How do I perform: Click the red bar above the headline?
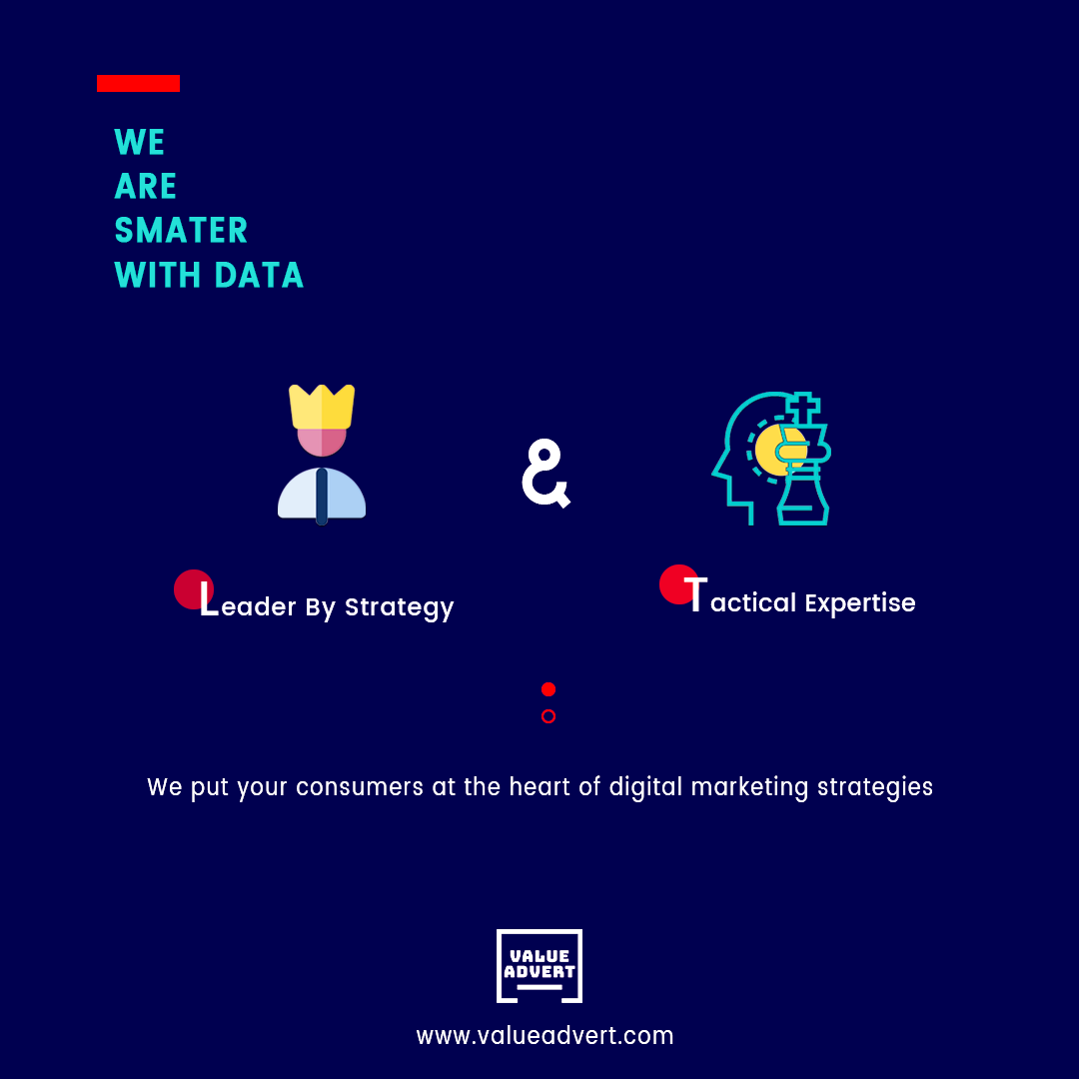[x=138, y=83]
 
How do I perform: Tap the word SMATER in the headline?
[x=181, y=231]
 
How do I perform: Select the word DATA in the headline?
[x=260, y=276]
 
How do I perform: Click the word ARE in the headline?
[x=146, y=187]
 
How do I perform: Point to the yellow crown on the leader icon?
[x=322, y=407]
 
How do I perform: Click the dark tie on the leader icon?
[x=322, y=497]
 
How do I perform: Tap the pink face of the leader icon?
[x=322, y=442]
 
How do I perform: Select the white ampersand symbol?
[x=545, y=474]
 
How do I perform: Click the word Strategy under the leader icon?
[x=399, y=608]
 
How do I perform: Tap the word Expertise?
[x=860, y=603]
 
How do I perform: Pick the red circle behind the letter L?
[x=194, y=589]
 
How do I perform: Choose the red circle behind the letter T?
[x=679, y=584]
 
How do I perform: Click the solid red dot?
[x=548, y=689]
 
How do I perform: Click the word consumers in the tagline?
[x=360, y=787]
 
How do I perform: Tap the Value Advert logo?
[x=539, y=966]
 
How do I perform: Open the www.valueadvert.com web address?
[x=545, y=1036]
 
